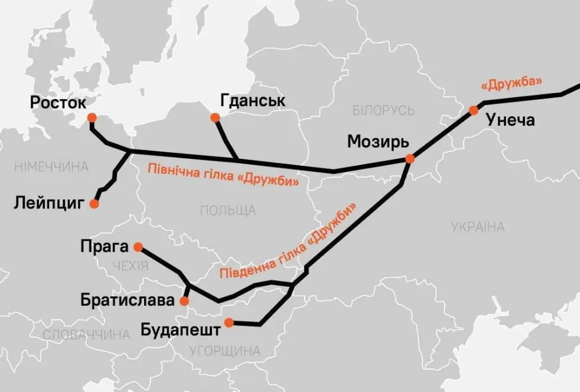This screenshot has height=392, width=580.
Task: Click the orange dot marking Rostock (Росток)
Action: [x=92, y=117]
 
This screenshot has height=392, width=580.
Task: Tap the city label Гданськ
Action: [x=252, y=101]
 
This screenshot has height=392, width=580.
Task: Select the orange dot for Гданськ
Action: [x=216, y=118]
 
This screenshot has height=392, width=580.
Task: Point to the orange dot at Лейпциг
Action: [x=93, y=204]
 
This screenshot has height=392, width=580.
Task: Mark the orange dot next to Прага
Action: [x=138, y=247]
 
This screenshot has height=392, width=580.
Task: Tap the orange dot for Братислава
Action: [x=184, y=301]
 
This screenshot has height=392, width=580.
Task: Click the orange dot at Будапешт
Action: [x=229, y=322]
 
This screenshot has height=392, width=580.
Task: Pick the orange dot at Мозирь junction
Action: [x=409, y=159]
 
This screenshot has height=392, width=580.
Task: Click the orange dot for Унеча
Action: [x=473, y=110]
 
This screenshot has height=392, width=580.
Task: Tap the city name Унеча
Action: [x=510, y=121]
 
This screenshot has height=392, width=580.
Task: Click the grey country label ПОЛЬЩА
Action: [x=228, y=210]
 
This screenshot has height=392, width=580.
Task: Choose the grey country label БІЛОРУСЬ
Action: [x=383, y=110]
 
